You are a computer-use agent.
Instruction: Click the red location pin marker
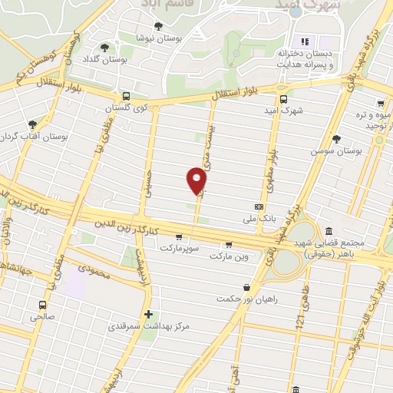click(197, 180)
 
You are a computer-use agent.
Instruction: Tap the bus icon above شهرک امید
click(283, 99)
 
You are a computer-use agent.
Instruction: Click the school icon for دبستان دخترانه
click(303, 41)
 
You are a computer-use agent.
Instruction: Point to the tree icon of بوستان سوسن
click(336, 139)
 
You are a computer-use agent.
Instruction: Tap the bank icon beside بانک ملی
click(259, 206)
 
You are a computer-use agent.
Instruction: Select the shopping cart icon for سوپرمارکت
click(179, 237)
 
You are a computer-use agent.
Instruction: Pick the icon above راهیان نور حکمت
click(246, 288)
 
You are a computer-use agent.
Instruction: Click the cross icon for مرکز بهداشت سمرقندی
click(148, 314)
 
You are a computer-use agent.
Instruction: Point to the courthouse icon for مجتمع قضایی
click(329, 232)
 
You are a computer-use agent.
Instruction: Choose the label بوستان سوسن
click(335, 151)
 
